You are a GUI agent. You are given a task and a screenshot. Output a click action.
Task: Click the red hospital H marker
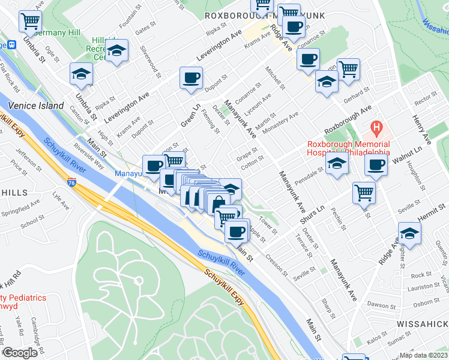376,127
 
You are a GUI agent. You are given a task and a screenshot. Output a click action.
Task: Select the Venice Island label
35,106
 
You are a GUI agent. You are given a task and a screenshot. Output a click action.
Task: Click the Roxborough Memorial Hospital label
348,148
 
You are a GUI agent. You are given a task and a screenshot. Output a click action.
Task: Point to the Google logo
20,353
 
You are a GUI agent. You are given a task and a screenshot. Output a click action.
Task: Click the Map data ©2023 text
424,355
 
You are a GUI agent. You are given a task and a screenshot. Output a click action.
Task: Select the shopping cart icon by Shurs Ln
364,193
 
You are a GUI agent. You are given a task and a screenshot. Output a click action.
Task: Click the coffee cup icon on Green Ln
191,78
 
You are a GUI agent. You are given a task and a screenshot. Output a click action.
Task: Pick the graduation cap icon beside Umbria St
81,74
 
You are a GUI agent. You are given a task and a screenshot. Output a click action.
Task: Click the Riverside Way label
88,156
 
